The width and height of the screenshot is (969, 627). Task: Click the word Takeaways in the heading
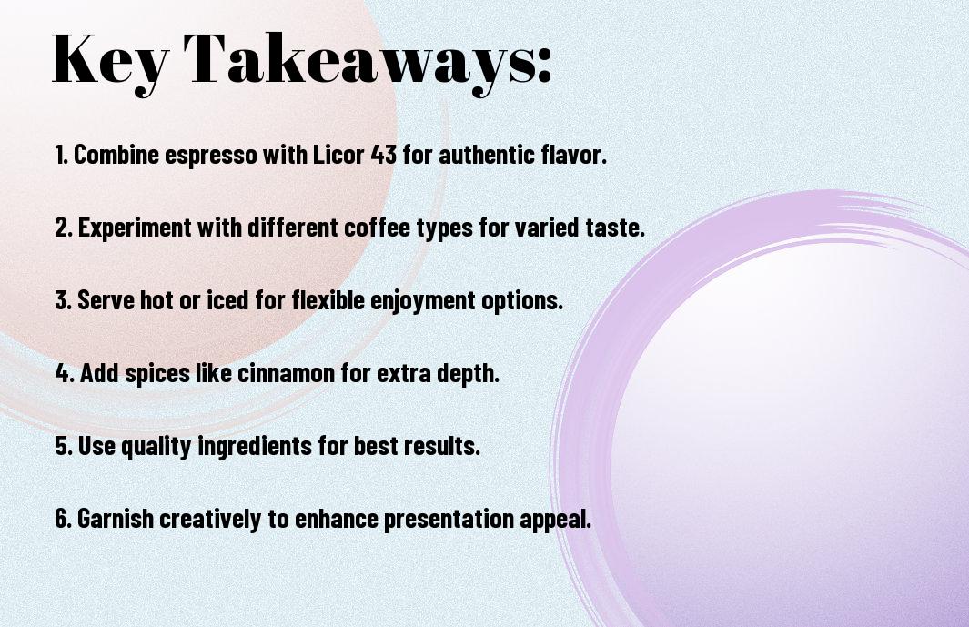[353, 59]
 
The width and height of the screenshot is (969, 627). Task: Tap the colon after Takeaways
[543, 66]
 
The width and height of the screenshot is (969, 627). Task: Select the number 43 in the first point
[383, 155]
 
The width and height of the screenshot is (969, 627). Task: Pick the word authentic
[487, 155]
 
